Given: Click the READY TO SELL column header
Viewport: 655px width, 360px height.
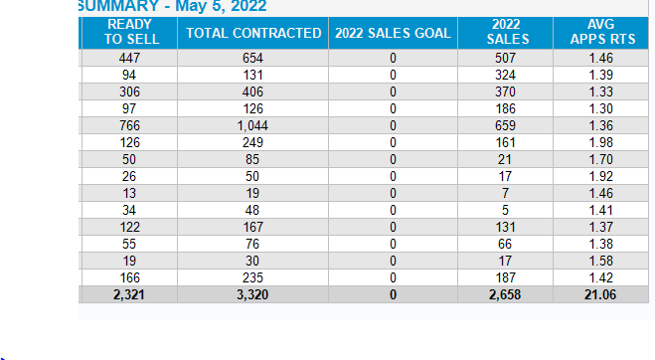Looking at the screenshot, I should click(x=128, y=31).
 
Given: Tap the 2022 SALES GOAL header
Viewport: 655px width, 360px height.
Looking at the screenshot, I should click(x=393, y=33).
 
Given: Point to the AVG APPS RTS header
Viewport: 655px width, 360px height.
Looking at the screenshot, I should click(x=600, y=31).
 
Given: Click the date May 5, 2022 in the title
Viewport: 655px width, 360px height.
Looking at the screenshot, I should click(x=218, y=7).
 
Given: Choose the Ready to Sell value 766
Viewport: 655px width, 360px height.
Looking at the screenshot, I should click(x=128, y=125).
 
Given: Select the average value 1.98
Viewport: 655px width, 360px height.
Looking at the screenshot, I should click(x=600, y=142).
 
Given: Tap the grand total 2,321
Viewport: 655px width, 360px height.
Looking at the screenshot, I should click(x=128, y=294).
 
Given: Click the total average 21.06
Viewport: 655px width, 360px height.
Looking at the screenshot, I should click(x=600, y=294).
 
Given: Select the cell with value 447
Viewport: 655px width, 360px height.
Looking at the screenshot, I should click(x=128, y=59).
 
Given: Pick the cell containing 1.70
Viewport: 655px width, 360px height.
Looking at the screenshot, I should click(x=600, y=159).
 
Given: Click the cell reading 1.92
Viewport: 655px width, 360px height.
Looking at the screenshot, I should click(x=600, y=176).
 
